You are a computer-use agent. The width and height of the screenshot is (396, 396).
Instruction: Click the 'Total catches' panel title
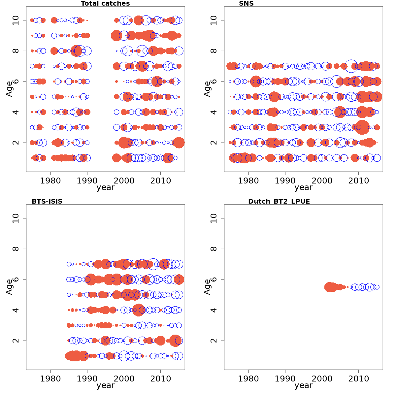[x=105, y=4]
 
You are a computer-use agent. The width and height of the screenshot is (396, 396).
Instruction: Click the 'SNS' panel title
[x=246, y=4]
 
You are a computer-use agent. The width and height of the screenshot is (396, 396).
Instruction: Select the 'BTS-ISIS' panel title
[x=47, y=201]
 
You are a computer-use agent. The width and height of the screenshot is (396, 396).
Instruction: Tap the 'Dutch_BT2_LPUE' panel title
[x=279, y=201]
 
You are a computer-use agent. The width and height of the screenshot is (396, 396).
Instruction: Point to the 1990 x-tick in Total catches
[x=87, y=181]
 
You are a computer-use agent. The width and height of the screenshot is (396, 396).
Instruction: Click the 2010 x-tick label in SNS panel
[x=358, y=181]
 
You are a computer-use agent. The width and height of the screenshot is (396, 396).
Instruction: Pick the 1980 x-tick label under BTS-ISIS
[x=50, y=379]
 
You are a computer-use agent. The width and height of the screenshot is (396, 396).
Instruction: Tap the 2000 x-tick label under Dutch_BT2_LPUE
[x=322, y=379]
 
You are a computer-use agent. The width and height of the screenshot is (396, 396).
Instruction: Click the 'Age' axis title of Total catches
[x=9, y=89]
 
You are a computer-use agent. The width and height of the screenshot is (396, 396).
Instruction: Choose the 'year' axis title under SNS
[x=303, y=188]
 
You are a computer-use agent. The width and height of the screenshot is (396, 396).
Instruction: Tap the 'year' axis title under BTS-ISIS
[x=105, y=386]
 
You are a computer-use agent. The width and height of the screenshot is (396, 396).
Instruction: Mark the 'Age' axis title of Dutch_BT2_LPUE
[x=207, y=287]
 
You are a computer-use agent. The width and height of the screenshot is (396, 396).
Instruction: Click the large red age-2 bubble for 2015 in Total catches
[x=179, y=143]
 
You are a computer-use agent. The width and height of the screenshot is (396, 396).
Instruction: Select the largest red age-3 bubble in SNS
[x=362, y=127]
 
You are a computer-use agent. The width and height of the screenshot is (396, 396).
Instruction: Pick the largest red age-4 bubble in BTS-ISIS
[x=138, y=310]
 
